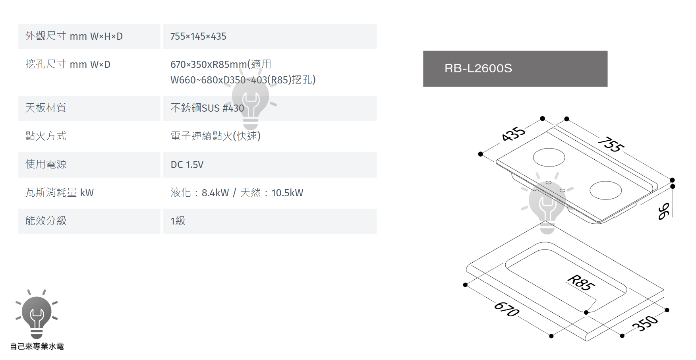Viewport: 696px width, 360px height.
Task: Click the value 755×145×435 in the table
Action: click(x=198, y=37)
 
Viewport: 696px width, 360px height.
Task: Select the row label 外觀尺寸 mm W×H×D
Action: click(x=74, y=36)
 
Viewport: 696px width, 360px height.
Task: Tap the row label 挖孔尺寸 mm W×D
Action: click(x=68, y=64)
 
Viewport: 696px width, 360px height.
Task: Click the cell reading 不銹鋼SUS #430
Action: click(x=207, y=108)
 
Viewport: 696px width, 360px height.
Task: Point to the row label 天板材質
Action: click(x=46, y=108)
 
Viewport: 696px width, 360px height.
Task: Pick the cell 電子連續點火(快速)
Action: click(x=215, y=136)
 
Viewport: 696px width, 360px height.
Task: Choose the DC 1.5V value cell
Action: click(x=187, y=165)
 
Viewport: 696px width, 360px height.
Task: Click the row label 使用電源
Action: click(x=46, y=164)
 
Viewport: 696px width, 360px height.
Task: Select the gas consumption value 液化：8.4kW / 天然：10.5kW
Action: click(x=237, y=193)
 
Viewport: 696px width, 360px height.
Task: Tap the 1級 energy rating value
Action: click(x=178, y=221)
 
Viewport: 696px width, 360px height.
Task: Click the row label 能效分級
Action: click(x=46, y=221)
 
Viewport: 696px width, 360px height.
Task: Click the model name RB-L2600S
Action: click(x=478, y=68)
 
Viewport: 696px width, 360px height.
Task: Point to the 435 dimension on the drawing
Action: click(x=513, y=134)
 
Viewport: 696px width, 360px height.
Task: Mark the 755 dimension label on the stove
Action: click(x=611, y=144)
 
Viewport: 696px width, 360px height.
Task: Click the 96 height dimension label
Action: click(x=663, y=211)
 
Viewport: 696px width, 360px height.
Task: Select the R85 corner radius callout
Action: click(x=581, y=283)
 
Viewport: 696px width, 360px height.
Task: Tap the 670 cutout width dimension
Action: click(x=507, y=309)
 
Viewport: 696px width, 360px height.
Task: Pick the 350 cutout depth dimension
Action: click(x=645, y=323)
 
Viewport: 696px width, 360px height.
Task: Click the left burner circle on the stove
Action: click(x=549, y=157)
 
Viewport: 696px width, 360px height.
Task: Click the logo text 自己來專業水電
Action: click(x=37, y=346)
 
